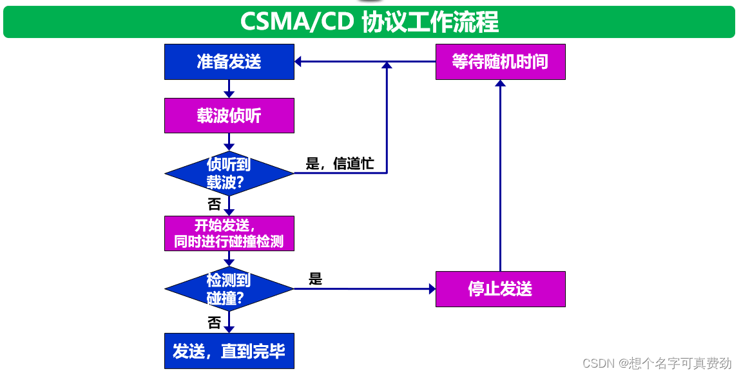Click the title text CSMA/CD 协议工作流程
click(369, 22)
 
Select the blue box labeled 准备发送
click(229, 62)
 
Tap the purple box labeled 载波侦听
click(229, 115)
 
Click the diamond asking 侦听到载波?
click(229, 173)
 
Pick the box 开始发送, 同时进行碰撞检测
click(229, 233)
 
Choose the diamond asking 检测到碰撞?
click(229, 289)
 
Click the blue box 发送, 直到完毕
click(229, 351)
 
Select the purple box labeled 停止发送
click(500, 289)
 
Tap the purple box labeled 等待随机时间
click(500, 62)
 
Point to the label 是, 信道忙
click(340, 164)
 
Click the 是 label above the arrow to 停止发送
click(315, 279)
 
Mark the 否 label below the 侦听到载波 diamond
click(214, 205)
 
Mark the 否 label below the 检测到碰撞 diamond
click(214, 322)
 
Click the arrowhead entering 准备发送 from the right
click(299, 62)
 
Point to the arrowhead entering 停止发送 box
click(432, 289)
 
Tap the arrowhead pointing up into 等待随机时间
click(500, 84)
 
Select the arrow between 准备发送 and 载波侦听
click(229, 89)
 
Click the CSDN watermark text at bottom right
click(657, 363)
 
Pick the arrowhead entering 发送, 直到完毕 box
click(229, 329)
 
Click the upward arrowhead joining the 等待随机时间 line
click(387, 66)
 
